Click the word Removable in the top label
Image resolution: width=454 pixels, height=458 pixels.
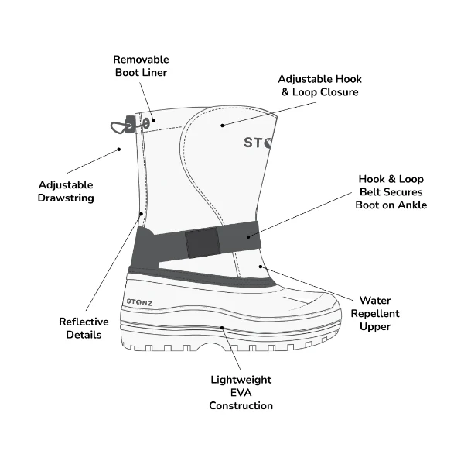click(x=141, y=60)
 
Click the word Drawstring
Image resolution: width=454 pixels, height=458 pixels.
click(x=66, y=198)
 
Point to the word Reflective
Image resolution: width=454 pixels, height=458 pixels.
click(x=84, y=322)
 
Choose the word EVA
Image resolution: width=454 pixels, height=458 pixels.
click(x=241, y=393)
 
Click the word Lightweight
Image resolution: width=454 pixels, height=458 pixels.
click(x=241, y=380)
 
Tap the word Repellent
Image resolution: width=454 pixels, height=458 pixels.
click(x=375, y=314)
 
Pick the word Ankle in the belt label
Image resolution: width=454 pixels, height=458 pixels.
click(x=412, y=205)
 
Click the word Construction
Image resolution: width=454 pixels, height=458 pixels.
click(x=241, y=406)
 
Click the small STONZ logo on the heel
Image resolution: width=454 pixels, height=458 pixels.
click(x=139, y=302)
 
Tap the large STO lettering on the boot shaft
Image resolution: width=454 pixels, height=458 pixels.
click(x=258, y=143)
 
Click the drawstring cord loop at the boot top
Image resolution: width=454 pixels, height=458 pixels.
click(x=120, y=128)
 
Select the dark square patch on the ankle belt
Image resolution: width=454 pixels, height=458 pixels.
click(x=203, y=243)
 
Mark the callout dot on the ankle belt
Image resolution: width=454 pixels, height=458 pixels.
click(x=248, y=237)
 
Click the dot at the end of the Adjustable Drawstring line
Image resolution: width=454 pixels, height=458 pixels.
click(x=118, y=150)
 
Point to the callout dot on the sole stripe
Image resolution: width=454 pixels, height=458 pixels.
click(x=222, y=328)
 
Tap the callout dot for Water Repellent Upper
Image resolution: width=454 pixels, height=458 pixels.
click(x=261, y=267)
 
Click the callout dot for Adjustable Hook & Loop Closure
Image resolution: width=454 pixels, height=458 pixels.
click(x=222, y=126)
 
